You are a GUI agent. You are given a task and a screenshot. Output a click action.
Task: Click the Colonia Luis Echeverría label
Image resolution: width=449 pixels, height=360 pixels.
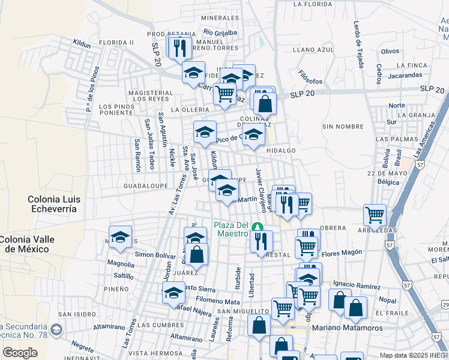[x=52, y=203]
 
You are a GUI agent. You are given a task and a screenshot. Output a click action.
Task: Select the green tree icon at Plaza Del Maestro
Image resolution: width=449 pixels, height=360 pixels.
[x=258, y=227]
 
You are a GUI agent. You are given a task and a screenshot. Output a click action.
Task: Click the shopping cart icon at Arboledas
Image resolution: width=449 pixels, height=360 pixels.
[x=375, y=215]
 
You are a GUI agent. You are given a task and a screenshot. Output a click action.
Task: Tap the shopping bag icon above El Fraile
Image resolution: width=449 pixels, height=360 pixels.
[x=355, y=308]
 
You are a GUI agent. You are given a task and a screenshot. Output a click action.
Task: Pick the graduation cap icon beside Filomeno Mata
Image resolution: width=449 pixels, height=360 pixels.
[x=173, y=293]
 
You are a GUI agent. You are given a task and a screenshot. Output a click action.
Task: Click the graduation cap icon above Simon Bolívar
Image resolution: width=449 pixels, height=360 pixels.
[x=120, y=237]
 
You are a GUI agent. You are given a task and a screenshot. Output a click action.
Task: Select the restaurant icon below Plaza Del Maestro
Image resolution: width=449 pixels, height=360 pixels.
[x=261, y=241]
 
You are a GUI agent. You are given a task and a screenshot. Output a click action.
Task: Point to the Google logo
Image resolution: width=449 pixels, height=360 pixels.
[x=20, y=352]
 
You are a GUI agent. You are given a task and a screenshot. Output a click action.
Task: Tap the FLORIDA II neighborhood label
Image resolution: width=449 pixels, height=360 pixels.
[x=116, y=43]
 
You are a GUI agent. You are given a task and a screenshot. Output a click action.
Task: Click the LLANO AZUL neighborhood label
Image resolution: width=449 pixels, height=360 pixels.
[x=313, y=50]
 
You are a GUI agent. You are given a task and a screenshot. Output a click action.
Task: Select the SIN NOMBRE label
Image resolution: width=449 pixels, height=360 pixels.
[x=343, y=127]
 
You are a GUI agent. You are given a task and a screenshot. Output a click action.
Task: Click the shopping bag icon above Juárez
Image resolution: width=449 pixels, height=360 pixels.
[x=196, y=254]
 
